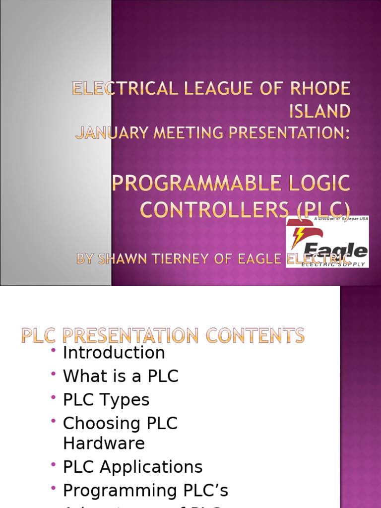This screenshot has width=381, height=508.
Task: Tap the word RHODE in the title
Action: [324, 90]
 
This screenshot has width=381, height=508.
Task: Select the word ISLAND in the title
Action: [320, 111]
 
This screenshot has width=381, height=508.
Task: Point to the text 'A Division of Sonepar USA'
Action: [341, 219]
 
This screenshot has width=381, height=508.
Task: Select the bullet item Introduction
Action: [114, 353]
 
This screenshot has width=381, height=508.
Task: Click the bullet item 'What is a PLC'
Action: [121, 377]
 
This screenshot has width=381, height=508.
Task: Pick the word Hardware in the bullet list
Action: [104, 443]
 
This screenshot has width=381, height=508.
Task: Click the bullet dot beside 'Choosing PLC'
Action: [54, 421]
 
